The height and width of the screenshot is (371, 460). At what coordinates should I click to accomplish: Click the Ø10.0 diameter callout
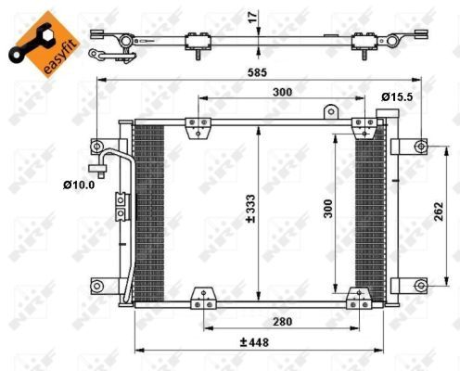pos(80,185)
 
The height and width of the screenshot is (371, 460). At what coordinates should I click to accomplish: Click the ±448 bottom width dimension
pos(251,342)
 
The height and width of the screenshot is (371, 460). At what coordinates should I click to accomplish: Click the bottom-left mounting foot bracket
pos(201,300)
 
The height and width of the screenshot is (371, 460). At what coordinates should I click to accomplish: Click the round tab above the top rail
pos(328,113)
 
